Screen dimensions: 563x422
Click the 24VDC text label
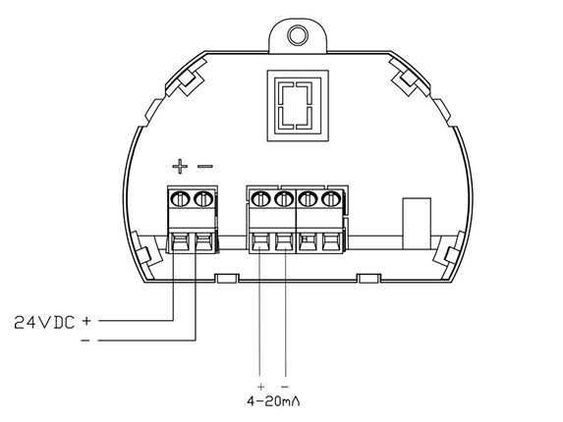pos(44,323)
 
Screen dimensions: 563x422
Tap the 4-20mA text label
pos(273,401)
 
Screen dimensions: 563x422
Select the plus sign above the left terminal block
pos(180,166)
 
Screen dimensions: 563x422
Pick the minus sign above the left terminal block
pos(205,166)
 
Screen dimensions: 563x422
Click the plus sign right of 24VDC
pos(86,321)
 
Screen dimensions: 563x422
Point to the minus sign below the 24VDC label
pos(85,341)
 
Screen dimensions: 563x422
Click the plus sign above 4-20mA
pos(261,387)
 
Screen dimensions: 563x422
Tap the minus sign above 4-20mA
pos(285,387)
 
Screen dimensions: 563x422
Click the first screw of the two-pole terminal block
pos(180,199)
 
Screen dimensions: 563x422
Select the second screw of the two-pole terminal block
pos(202,199)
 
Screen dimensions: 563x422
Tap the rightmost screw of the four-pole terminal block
pos(331,199)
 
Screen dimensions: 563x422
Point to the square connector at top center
pos(298,106)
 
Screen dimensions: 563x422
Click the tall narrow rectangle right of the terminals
pos(417,224)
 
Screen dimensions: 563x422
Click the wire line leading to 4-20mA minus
pos(286,312)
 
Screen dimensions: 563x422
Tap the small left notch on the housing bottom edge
pos(227,279)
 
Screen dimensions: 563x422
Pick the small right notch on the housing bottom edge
pos(368,279)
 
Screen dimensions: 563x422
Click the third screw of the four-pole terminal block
pos(308,199)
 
